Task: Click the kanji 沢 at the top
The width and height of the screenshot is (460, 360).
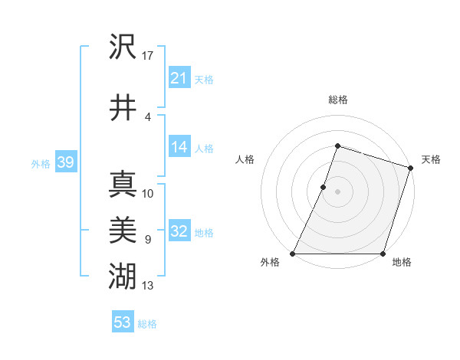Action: click(x=123, y=48)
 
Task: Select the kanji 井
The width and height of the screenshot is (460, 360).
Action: click(x=123, y=107)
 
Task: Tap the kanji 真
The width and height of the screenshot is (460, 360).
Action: click(x=123, y=185)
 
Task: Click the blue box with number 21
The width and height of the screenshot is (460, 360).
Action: click(x=179, y=77)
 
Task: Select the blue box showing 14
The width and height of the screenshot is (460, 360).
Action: click(x=179, y=147)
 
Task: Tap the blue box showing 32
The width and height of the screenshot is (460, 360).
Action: click(x=179, y=232)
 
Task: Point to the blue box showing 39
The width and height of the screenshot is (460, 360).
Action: click(x=65, y=162)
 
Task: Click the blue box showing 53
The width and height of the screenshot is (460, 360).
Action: click(x=122, y=322)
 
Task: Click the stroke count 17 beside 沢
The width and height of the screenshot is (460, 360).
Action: click(x=148, y=55)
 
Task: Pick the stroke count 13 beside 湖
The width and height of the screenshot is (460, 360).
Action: click(x=148, y=286)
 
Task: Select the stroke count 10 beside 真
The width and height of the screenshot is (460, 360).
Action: click(x=148, y=193)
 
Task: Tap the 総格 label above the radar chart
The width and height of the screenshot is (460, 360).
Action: click(x=337, y=100)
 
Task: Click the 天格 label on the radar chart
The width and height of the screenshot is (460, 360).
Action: click(x=431, y=159)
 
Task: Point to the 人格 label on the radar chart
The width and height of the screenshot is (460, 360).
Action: click(x=245, y=159)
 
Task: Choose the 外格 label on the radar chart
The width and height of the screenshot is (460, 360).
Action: click(x=270, y=263)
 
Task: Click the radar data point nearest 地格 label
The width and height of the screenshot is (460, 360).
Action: click(x=383, y=254)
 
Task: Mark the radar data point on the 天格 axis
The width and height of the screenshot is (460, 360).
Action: click(x=411, y=168)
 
